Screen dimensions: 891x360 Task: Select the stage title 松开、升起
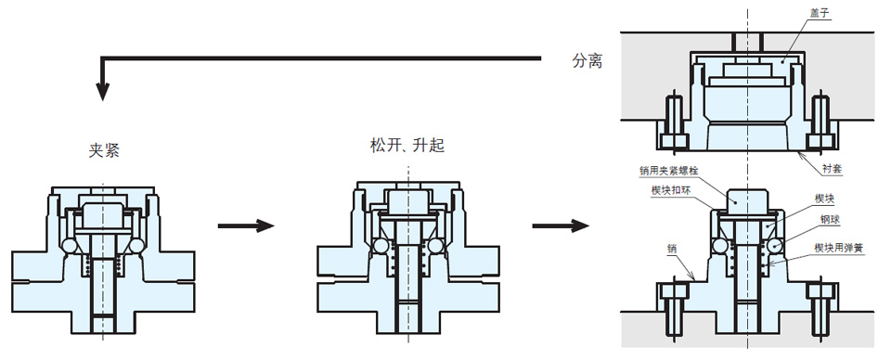pyautogui.click(x=407, y=146)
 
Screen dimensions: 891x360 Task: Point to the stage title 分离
pyautogui.click(x=587, y=60)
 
